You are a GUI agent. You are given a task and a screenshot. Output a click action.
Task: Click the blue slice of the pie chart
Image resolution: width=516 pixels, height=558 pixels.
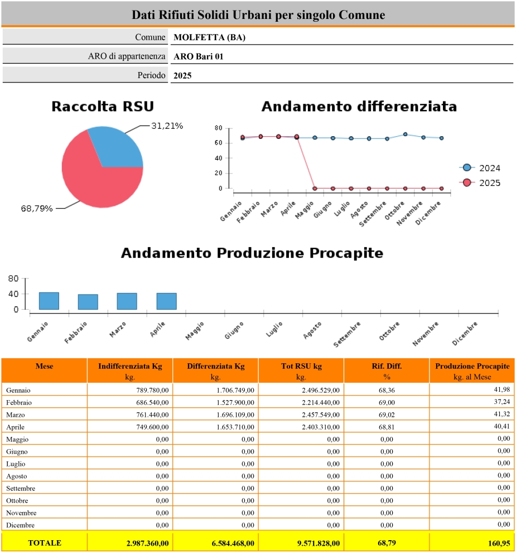pyautogui.click(x=119, y=150)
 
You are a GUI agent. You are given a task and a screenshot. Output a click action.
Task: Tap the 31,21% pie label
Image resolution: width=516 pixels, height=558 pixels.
pyautogui.click(x=167, y=126)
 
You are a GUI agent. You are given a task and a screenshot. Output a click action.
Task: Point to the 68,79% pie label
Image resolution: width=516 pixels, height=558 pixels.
pyautogui.click(x=37, y=209)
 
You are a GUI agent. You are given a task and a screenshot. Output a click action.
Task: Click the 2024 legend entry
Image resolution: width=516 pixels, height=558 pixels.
pyautogui.click(x=480, y=168)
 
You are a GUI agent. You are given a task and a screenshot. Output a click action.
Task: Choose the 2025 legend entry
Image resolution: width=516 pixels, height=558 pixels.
pyautogui.click(x=480, y=183)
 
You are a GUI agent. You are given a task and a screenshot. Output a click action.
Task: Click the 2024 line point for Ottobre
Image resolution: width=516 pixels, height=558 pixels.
pyautogui.click(x=406, y=134)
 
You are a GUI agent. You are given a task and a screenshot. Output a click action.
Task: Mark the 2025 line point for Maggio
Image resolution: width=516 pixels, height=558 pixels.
pyautogui.click(x=315, y=188)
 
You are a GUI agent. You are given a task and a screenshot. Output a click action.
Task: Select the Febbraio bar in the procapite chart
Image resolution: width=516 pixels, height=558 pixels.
pyautogui.click(x=88, y=302)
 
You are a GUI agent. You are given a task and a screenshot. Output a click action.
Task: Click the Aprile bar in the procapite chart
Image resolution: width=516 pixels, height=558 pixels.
pyautogui.click(x=167, y=301)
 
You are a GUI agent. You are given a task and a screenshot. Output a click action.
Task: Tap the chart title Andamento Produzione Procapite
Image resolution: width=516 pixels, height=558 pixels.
pyautogui.click(x=252, y=253)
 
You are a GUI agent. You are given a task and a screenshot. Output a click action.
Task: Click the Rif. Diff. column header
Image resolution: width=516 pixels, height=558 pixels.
pyautogui.click(x=387, y=371)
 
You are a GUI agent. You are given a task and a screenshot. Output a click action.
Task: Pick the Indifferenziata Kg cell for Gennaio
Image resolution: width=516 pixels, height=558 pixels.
pyautogui.click(x=152, y=391)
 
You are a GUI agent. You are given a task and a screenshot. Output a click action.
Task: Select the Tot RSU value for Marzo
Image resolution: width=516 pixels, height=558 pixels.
pyautogui.click(x=321, y=415)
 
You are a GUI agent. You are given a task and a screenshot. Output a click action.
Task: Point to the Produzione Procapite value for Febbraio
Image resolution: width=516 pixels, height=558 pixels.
pyautogui.click(x=501, y=402)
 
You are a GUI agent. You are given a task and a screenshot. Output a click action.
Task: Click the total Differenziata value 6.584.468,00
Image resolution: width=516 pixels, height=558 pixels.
pyautogui.click(x=233, y=543)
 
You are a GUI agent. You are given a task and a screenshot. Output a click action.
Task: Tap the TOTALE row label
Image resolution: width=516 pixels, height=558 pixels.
pyautogui.click(x=45, y=543)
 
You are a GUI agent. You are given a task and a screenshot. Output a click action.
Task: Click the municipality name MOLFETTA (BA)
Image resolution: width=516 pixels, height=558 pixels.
pyautogui.click(x=210, y=37)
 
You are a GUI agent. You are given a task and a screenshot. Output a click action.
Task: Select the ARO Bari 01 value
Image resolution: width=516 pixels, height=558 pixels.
pyautogui.click(x=199, y=56)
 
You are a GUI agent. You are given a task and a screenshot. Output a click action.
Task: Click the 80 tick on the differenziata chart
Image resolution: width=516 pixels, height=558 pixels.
pyautogui.click(x=219, y=128)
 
